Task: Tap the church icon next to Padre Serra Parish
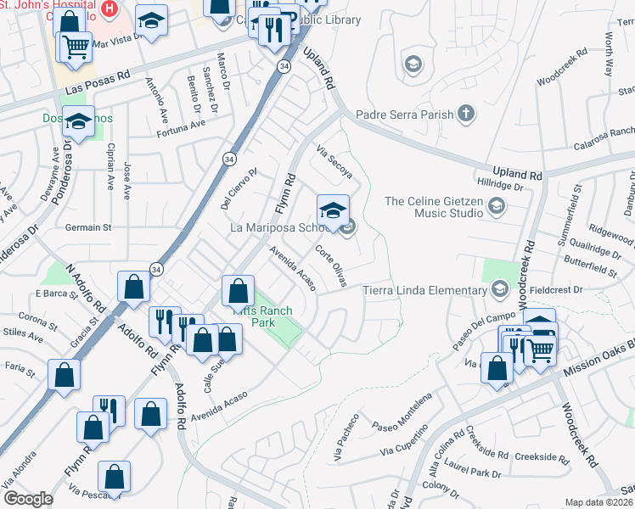point(465,112)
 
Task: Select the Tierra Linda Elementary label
point(425,291)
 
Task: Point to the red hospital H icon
point(110,9)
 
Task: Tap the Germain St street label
point(90,227)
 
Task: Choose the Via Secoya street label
point(334,161)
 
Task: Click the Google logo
point(28,499)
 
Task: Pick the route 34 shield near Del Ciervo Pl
point(228,159)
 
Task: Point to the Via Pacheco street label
point(350,438)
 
